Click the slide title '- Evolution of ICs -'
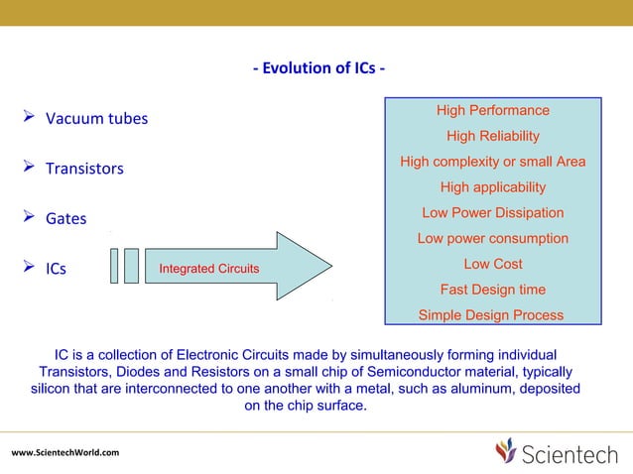click(x=318, y=68)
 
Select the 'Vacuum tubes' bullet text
click(x=96, y=119)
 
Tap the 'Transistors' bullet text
click(x=84, y=169)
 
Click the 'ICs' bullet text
click(x=56, y=269)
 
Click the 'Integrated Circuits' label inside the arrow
click(x=209, y=269)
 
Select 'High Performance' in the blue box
click(x=492, y=110)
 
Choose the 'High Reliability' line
click(x=492, y=136)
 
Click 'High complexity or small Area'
click(x=492, y=162)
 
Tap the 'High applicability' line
click(x=492, y=187)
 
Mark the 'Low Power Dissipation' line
click(x=492, y=213)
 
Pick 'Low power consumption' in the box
click(x=492, y=239)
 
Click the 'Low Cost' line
click(x=492, y=264)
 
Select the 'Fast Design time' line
click(x=492, y=290)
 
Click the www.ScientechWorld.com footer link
click(x=65, y=453)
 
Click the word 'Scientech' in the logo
click(x=571, y=453)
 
